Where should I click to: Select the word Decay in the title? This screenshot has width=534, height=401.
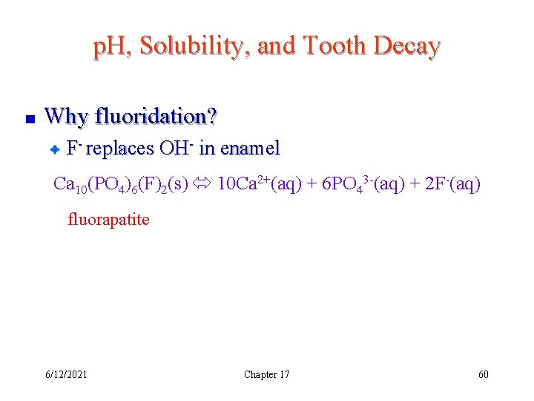pyautogui.click(x=407, y=46)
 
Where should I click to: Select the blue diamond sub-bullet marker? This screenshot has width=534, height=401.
pyautogui.click(x=54, y=149)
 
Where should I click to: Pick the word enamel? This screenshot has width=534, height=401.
pyautogui.click(x=250, y=149)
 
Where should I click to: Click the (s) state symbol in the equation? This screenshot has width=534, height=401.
pyautogui.click(x=178, y=183)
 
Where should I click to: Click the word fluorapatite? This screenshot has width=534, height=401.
pyautogui.click(x=108, y=220)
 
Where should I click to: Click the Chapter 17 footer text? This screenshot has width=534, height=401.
pyautogui.click(x=266, y=374)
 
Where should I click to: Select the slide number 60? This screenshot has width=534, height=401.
pyautogui.click(x=484, y=374)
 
